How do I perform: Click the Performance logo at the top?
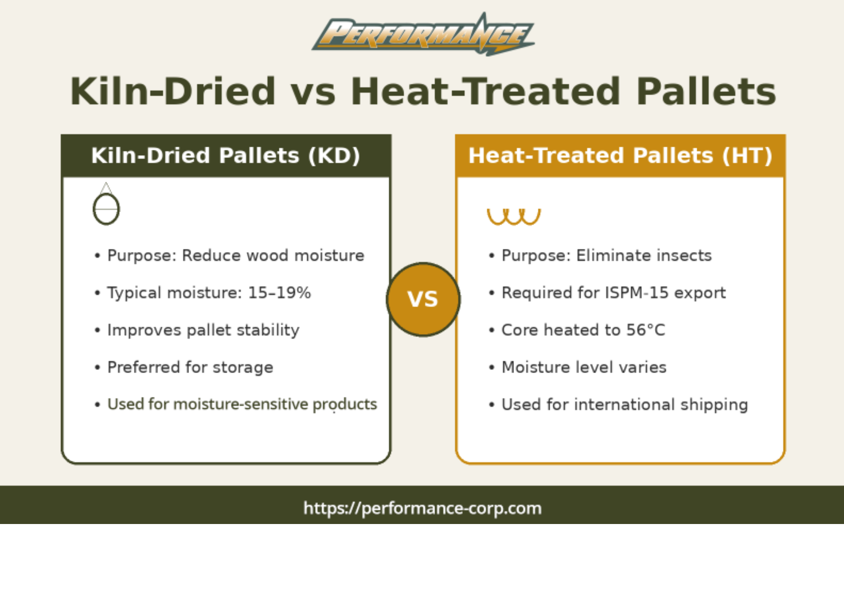point(423,34)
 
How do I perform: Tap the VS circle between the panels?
point(423,299)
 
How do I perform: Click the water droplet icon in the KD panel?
point(106,204)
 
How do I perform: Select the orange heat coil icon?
point(514,217)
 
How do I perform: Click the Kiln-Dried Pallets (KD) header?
point(226,156)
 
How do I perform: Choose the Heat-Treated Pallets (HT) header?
point(620,156)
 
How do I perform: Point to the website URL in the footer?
point(422,508)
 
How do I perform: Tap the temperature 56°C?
point(646,330)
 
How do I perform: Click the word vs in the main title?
point(313,91)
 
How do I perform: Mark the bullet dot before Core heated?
point(491,330)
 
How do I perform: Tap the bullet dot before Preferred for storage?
point(97,367)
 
